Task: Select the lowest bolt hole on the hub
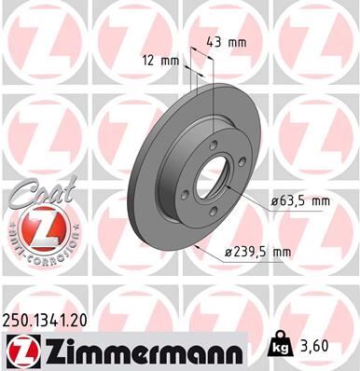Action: pyautogui.click(x=216, y=212)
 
